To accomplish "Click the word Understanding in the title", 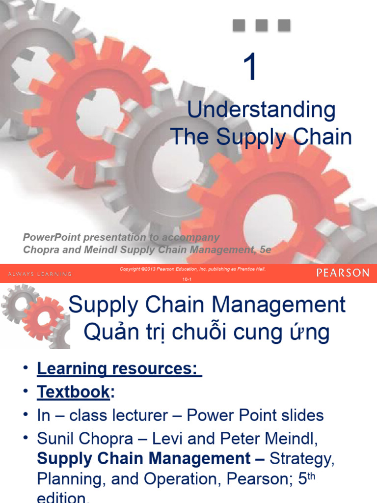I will [x=261, y=110].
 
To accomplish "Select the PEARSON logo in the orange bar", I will [x=343, y=273].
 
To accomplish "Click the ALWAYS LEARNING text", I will [x=40, y=274].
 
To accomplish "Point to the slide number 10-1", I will [x=187, y=279].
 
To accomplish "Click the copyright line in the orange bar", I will [x=192, y=269].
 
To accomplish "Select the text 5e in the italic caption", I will [x=265, y=250].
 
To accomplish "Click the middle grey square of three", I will [x=262, y=25].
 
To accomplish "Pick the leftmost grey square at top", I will [x=239, y=25].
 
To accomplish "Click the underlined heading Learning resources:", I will [x=119, y=368].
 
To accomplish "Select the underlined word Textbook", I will [x=73, y=391].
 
